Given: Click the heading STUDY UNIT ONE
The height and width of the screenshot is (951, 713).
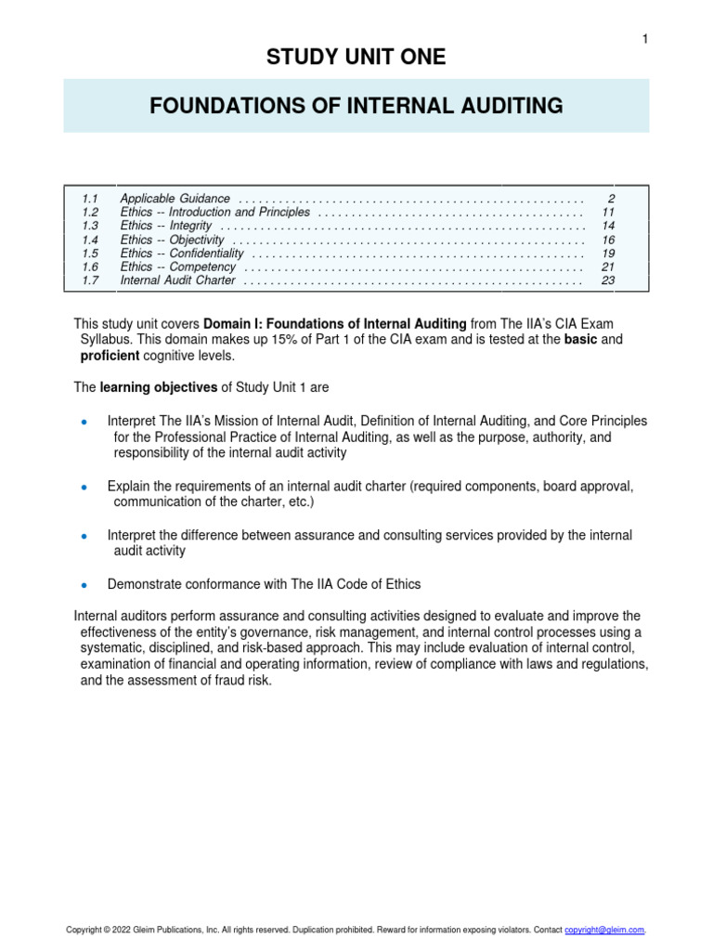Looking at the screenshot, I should [356, 58].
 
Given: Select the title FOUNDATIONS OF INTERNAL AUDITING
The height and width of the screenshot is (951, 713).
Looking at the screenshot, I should [356, 107].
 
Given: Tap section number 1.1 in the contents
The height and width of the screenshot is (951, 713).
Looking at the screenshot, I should [90, 199].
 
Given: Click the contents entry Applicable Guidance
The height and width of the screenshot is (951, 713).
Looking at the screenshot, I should [175, 199].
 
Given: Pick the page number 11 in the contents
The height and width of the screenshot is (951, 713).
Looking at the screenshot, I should [609, 213].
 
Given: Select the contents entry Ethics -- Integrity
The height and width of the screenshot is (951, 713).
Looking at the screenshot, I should [166, 226].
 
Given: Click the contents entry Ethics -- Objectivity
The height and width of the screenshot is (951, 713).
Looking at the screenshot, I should [173, 240].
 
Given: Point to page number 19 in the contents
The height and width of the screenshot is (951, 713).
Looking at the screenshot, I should [609, 253].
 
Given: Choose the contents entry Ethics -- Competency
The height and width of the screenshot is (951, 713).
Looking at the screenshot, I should [176, 267].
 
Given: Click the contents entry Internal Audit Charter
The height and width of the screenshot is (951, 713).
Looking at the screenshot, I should [178, 280].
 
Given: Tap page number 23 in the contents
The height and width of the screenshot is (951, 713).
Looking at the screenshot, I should [609, 280].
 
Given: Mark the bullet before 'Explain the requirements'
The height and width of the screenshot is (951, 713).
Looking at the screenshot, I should [84, 488].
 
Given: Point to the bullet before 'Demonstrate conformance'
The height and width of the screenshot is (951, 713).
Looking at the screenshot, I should [84, 586].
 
